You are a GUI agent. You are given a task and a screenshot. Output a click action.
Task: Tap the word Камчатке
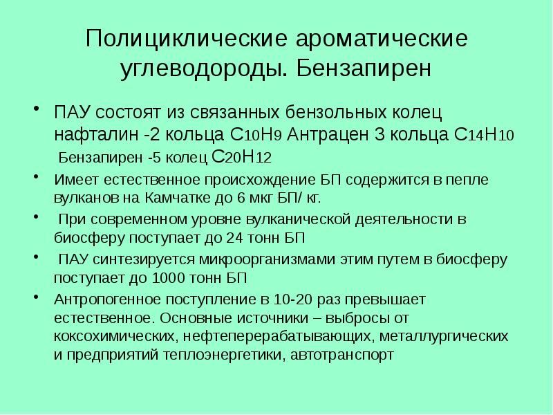tap(182, 197)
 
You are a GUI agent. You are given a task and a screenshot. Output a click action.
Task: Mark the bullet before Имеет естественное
tap(36, 178)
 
